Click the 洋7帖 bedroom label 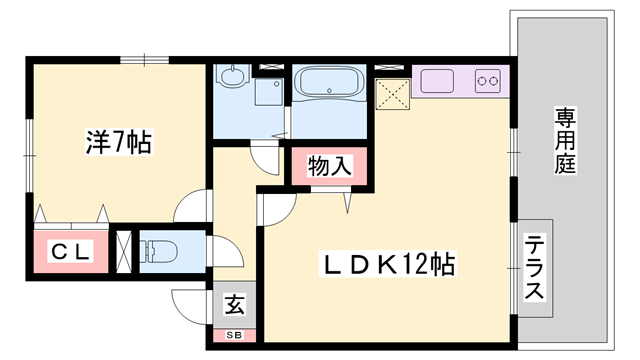(x=117, y=143)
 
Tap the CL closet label (x=68, y=254)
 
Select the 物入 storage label (x=329, y=166)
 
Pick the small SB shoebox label (x=233, y=334)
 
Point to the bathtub (x=330, y=84)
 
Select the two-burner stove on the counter (x=487, y=79)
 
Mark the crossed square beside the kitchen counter (x=391, y=93)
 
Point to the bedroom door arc (x=192, y=207)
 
